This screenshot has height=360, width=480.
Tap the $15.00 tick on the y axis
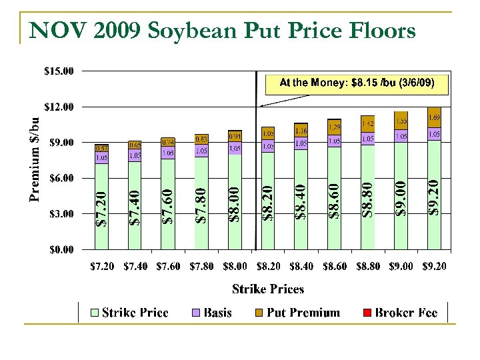click(x=60, y=70)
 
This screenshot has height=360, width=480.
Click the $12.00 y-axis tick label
click(x=60, y=107)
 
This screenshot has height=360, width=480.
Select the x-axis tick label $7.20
click(x=101, y=266)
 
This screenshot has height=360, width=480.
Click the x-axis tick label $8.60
click(x=334, y=266)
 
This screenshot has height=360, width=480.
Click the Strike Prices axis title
click(x=267, y=289)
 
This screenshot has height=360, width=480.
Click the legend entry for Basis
click(x=212, y=313)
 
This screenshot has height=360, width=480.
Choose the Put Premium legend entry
click(x=297, y=313)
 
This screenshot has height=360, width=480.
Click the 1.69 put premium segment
click(x=434, y=117)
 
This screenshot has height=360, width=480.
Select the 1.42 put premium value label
click(x=367, y=124)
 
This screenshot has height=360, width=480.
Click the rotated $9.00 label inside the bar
click(x=401, y=197)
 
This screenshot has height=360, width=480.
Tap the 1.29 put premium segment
click(x=334, y=127)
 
